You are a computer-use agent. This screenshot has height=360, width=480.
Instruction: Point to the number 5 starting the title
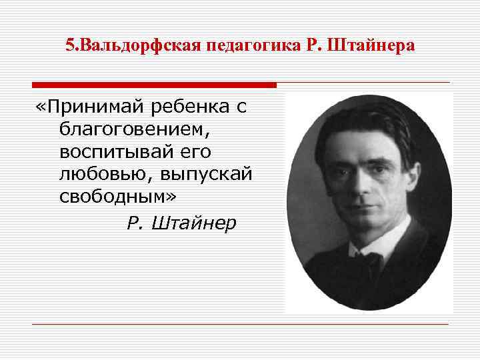click(x=69, y=46)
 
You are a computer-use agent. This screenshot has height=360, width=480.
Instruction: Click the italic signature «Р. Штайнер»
click(x=181, y=223)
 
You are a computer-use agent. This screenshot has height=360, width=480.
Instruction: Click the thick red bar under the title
click(x=154, y=85)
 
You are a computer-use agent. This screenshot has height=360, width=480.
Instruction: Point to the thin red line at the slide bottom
click(x=240, y=325)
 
